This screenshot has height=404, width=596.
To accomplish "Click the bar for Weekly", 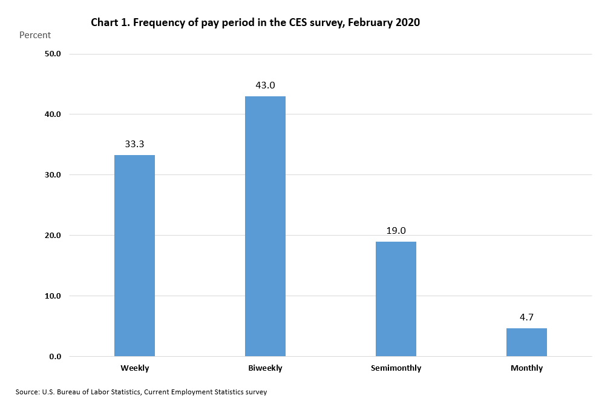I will pyautogui.click(x=134, y=256).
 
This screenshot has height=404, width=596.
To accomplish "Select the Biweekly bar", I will pyautogui.click(x=265, y=226).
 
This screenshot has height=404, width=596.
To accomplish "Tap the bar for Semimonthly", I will pyautogui.click(x=396, y=299).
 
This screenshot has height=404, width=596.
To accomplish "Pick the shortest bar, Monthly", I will pyautogui.click(x=526, y=342).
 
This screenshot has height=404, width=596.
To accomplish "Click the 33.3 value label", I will pyautogui.click(x=134, y=144).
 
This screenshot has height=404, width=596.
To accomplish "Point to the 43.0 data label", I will pyautogui.click(x=265, y=85).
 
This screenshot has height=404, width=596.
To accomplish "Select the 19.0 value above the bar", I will pyautogui.click(x=396, y=231).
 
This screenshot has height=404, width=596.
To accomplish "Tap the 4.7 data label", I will pyautogui.click(x=526, y=317).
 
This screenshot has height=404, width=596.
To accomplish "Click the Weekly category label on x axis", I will pyautogui.click(x=134, y=368).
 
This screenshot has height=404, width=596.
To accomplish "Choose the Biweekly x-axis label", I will pyautogui.click(x=265, y=368).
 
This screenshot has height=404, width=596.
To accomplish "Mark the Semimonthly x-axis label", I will pyautogui.click(x=396, y=368).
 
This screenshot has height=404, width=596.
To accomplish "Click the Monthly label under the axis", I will pyautogui.click(x=526, y=368).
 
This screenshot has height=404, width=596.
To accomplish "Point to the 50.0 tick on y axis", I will pyautogui.click(x=53, y=54).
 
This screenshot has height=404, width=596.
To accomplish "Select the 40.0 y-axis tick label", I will pyautogui.click(x=53, y=114).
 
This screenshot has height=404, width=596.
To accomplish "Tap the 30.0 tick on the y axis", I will pyautogui.click(x=53, y=175).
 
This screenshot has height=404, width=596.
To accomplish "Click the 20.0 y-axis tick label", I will pyautogui.click(x=53, y=236).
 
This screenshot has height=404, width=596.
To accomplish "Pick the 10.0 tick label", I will pyautogui.click(x=53, y=296).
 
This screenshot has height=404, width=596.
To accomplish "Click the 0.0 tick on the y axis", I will pyautogui.click(x=55, y=357).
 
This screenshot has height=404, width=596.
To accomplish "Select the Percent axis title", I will pyautogui.click(x=35, y=35).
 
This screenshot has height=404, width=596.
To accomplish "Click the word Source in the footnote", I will pyautogui.click(x=27, y=392).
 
